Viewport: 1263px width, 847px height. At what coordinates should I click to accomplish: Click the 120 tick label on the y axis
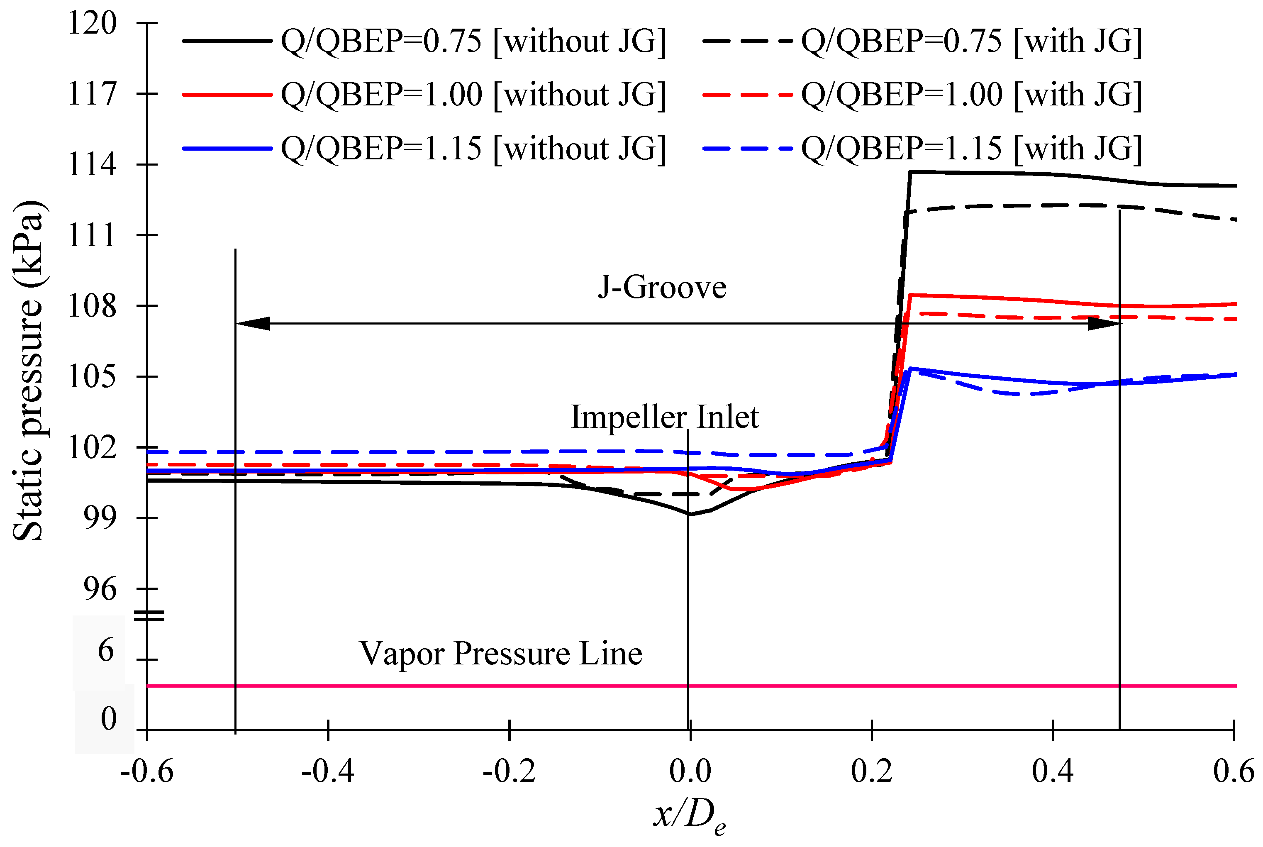point(92,23)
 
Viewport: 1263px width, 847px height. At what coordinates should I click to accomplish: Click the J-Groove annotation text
point(662,287)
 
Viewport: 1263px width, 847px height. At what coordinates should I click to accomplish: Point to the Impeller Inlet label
point(664,417)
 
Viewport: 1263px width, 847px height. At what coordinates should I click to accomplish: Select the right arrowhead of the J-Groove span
point(1104,324)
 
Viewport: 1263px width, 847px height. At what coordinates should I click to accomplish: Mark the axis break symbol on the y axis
point(149,616)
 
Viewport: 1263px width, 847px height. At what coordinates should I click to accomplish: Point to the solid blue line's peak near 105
point(910,369)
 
